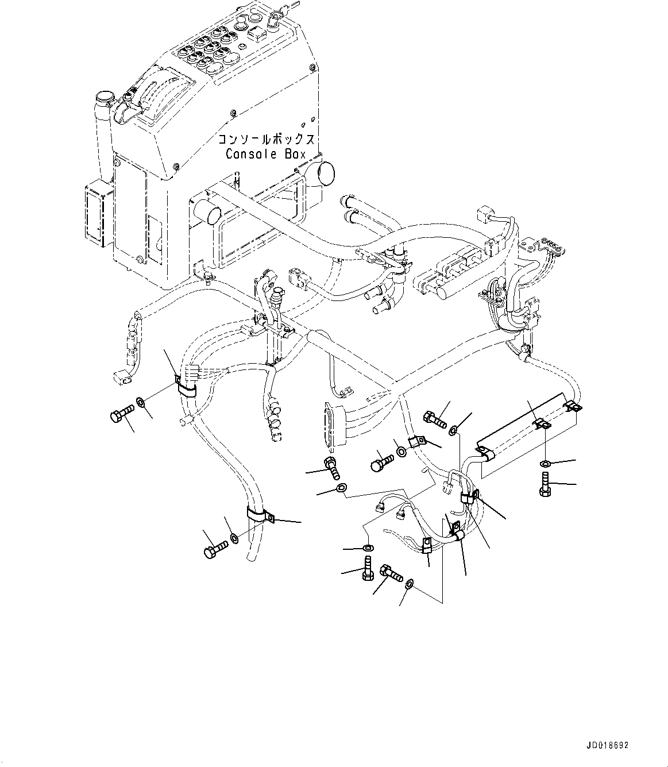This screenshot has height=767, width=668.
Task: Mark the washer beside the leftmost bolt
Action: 142,401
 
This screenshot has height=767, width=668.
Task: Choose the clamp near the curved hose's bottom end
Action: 259,515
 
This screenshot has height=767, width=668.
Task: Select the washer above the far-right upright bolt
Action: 545,463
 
